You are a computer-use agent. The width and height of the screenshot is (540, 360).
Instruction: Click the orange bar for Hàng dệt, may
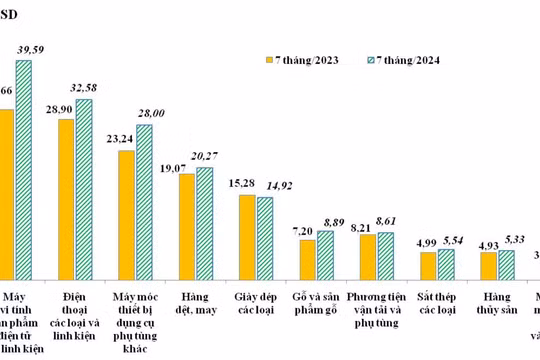tap(187, 226)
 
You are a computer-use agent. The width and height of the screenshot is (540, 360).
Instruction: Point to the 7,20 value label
tap(304, 229)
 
